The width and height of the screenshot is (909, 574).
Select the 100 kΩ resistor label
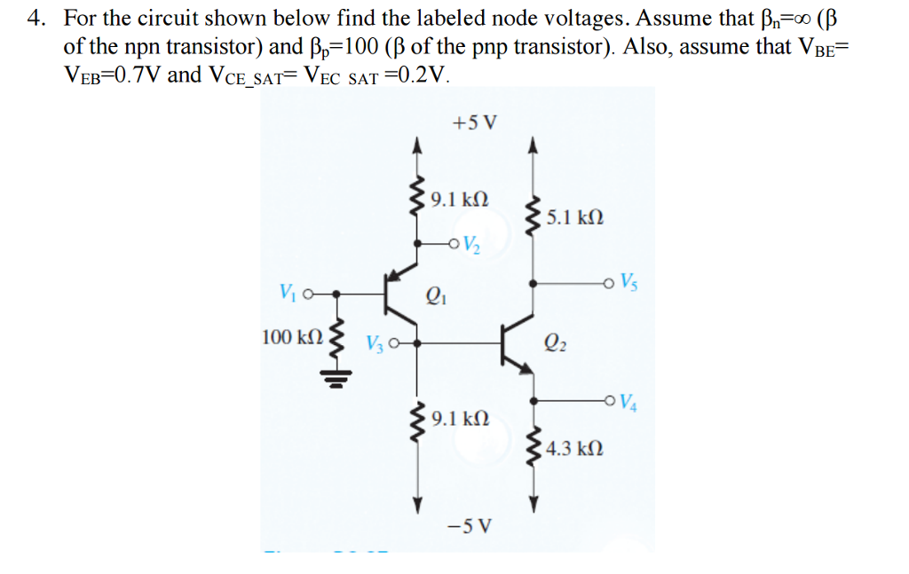(x=292, y=337)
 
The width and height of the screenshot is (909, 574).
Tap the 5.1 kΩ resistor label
(x=576, y=216)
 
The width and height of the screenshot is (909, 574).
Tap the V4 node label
(x=628, y=400)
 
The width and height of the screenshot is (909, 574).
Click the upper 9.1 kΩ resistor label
(x=458, y=198)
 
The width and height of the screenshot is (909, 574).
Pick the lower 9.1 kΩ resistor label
(x=458, y=416)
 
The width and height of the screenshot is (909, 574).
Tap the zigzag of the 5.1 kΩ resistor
(x=533, y=216)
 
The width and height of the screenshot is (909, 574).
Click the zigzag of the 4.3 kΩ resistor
(x=533, y=449)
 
